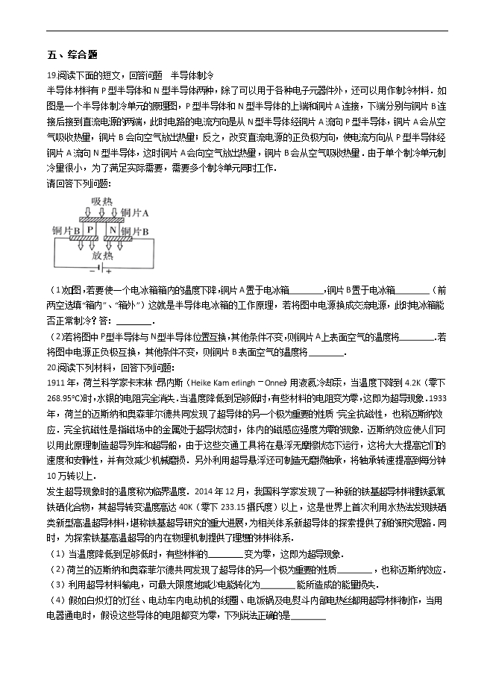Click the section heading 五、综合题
click(72, 55)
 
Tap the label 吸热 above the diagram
click(101, 201)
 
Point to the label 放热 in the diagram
click(103, 254)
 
